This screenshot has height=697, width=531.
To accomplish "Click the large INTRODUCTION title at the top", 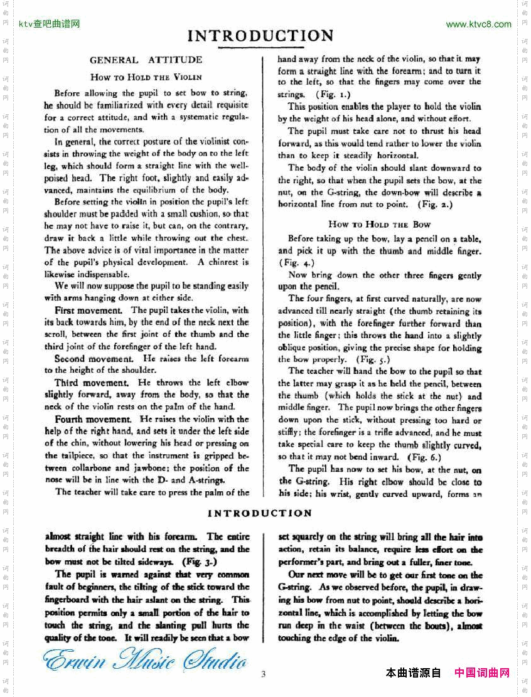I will coord(260,36).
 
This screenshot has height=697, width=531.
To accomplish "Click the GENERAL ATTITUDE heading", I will coord(146,60).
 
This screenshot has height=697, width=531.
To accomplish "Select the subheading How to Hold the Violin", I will coord(146,77).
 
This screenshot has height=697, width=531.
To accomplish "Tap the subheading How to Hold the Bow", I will coord(379,224).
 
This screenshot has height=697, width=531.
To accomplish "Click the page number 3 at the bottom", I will coord(264,674).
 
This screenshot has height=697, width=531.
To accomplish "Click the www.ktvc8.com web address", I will coord(478,24).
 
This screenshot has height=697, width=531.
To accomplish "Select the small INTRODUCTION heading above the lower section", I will coord(260,513).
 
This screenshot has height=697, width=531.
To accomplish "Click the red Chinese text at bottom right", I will coord(481,673).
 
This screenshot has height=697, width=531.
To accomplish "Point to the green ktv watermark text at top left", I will coord(50,24).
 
